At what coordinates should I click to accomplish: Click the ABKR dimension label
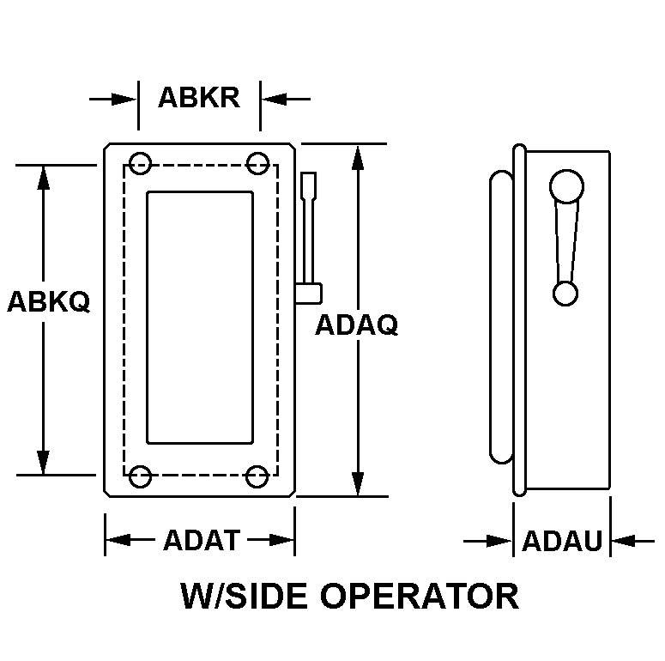(x=199, y=98)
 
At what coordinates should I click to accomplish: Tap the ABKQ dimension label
(x=49, y=301)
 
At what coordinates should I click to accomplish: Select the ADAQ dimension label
(x=357, y=325)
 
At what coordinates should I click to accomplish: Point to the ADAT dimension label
(x=202, y=540)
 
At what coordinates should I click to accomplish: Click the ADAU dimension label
(x=562, y=541)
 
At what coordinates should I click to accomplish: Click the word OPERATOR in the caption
(x=420, y=596)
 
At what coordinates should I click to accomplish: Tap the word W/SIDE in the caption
(x=244, y=596)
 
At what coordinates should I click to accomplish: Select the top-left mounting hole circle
(x=140, y=163)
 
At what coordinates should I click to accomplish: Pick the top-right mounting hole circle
(x=257, y=163)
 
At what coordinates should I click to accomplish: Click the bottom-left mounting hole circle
(x=140, y=476)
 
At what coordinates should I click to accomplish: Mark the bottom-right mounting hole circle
(x=257, y=476)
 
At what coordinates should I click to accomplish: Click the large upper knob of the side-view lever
(x=566, y=186)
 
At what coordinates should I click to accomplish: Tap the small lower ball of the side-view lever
(x=565, y=294)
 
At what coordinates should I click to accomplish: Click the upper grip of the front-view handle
(x=309, y=185)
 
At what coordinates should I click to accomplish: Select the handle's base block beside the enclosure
(x=309, y=294)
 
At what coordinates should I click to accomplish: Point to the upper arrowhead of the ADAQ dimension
(x=358, y=158)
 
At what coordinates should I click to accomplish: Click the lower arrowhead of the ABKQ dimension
(x=43, y=463)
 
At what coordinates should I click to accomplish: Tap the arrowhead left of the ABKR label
(x=124, y=100)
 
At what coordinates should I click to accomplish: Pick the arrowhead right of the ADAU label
(x=624, y=541)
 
